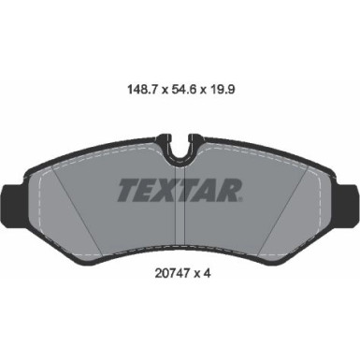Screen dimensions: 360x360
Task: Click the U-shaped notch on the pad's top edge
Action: point(180,149)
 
